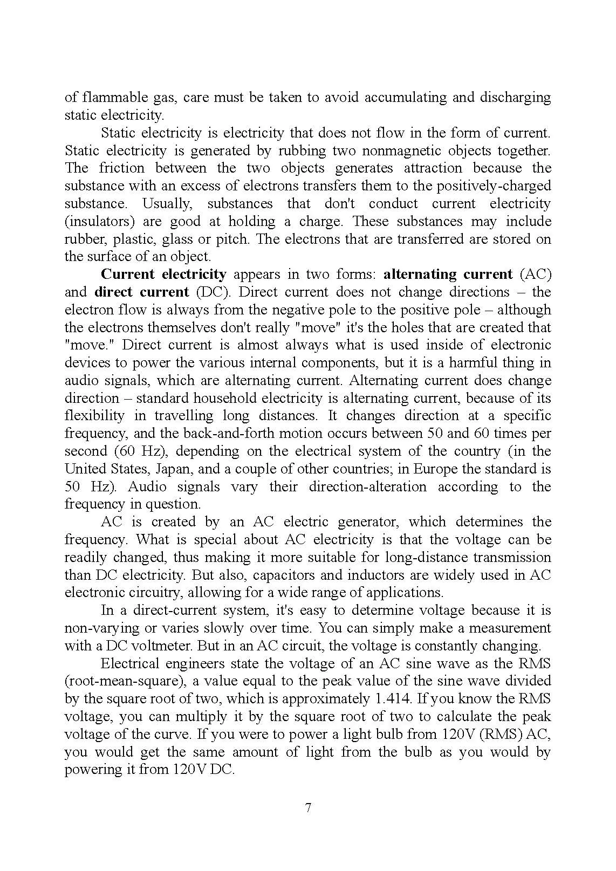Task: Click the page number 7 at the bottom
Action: [308, 808]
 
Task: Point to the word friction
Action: [122, 168]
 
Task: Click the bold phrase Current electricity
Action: [164, 275]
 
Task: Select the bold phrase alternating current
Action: [448, 275]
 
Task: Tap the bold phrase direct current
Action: [142, 292]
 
